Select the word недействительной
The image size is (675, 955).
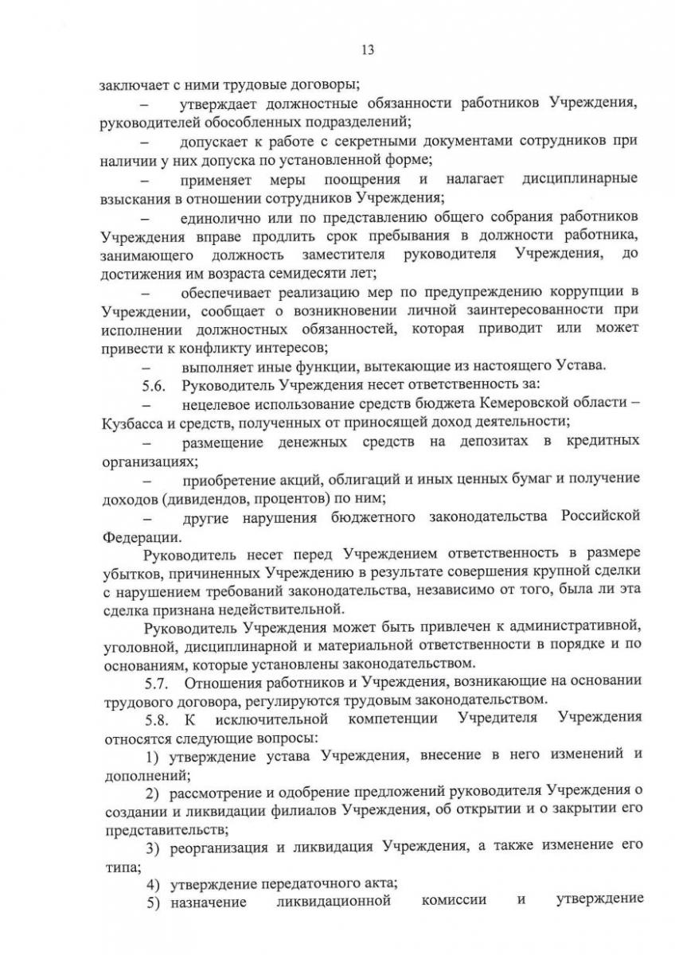(x=271, y=610)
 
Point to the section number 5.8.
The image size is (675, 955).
(x=154, y=719)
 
